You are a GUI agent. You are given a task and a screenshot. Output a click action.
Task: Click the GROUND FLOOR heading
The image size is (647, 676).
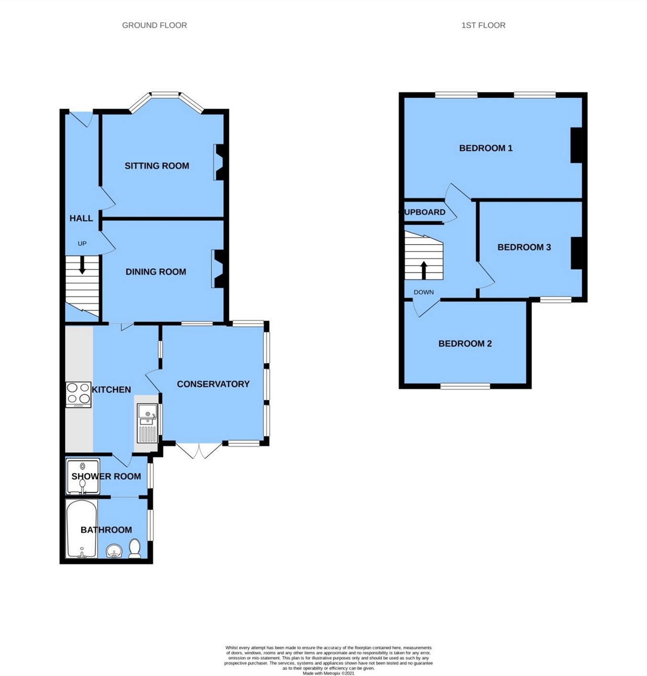click(154, 25)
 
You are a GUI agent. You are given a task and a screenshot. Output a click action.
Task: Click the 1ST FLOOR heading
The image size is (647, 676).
click(483, 25)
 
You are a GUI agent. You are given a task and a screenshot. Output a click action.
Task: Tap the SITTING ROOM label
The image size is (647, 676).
click(157, 166)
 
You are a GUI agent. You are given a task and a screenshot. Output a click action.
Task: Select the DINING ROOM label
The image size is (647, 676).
click(156, 272)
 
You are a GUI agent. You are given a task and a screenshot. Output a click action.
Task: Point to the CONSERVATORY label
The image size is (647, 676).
click(213, 384)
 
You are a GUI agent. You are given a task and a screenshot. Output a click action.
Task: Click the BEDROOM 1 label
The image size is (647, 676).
click(485, 148)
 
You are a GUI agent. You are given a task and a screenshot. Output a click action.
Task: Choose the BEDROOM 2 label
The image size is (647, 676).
click(465, 343)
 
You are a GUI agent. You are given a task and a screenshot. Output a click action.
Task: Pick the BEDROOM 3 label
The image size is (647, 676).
click(524, 247)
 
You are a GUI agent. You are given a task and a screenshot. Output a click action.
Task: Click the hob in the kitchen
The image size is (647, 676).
click(79, 394)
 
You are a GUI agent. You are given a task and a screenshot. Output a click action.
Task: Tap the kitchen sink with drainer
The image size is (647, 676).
click(147, 423)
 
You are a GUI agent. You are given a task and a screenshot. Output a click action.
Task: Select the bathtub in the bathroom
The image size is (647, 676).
click(81, 529)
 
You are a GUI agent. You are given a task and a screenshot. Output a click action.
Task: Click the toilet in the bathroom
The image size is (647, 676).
click(135, 549)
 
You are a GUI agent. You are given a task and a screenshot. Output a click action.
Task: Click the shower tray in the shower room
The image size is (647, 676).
click(82, 476)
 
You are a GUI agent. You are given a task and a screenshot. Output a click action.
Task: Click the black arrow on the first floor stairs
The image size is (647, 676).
click(424, 270)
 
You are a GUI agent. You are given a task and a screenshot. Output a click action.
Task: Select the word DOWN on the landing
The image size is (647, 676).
click(424, 292)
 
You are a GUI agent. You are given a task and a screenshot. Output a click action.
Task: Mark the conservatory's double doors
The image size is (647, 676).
click(199, 451)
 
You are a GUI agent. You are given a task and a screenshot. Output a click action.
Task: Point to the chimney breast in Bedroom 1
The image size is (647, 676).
click(577, 145)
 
